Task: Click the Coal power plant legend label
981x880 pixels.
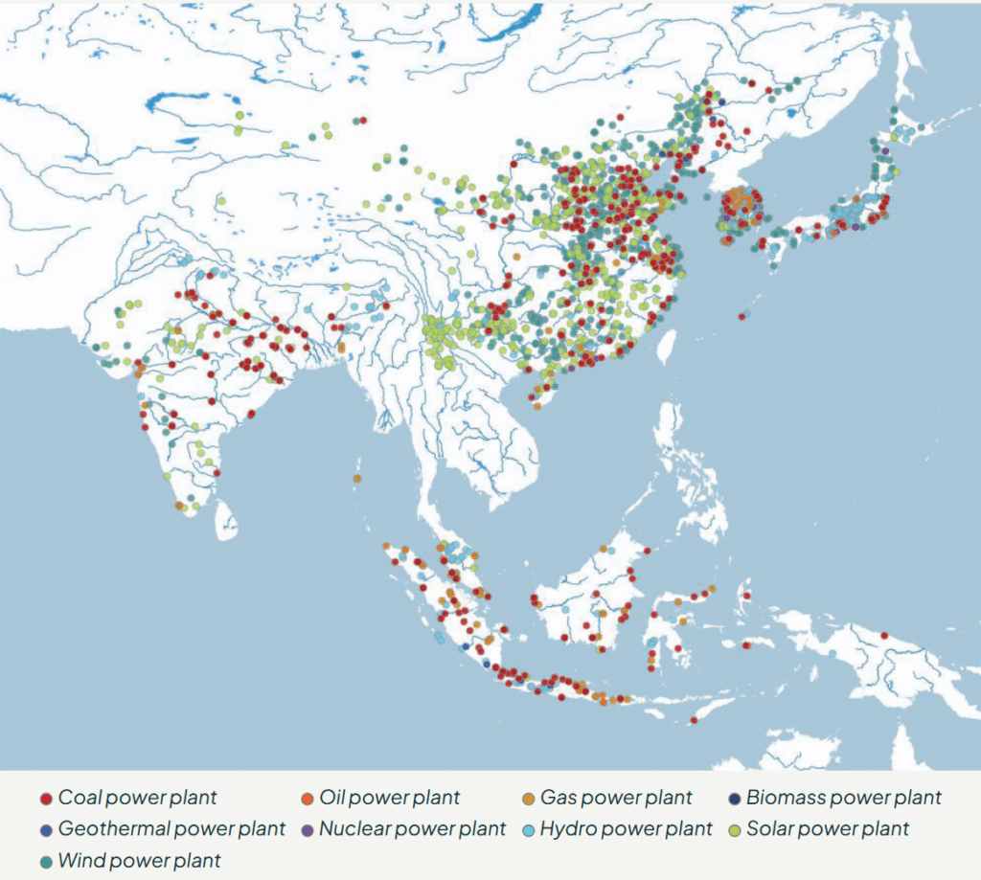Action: [x=138, y=798]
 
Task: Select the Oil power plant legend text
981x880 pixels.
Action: [x=389, y=798]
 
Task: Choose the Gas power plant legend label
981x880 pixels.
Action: [x=616, y=798]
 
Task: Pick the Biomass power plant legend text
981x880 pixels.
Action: [x=844, y=798]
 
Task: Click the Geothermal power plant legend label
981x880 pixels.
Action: [x=171, y=828]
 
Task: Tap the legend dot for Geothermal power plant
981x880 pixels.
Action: [x=45, y=829]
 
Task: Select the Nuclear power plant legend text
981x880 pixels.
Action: [x=412, y=828]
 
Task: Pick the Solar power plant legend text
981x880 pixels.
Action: [x=828, y=828]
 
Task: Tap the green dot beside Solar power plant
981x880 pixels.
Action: [x=734, y=829]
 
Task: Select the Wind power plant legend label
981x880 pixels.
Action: [x=139, y=860]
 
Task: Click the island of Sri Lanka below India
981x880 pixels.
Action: [x=225, y=521]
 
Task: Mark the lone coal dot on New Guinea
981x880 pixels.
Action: [x=884, y=635]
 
